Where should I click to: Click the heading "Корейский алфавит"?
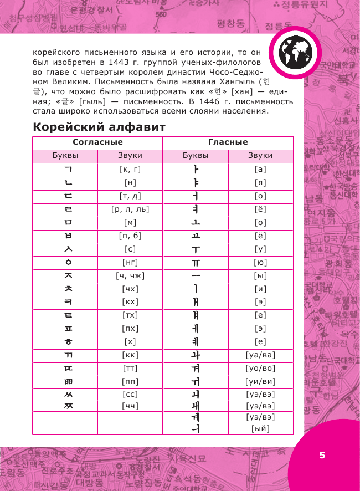click(99, 126)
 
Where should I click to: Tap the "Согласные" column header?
click(97, 142)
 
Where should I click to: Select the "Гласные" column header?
click(228, 142)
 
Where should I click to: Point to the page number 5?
click(322, 455)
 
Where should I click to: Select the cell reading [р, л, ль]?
click(130, 209)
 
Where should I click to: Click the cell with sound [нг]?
click(130, 262)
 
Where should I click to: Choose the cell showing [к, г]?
click(130, 170)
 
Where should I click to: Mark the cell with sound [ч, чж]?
click(130, 275)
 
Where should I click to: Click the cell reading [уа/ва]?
click(260, 355)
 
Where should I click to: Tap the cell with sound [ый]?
click(260, 428)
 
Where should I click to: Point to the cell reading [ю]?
click(260, 262)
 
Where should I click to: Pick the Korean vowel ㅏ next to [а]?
click(195, 170)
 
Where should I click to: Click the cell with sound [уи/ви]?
click(260, 381)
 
